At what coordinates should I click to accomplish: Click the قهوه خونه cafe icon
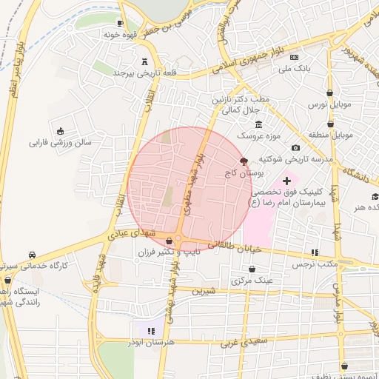(120, 23)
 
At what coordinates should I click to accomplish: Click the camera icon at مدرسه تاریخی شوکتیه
(296, 148)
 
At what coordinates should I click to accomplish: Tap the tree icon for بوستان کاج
(244, 161)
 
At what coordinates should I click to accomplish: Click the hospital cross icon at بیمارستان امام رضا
(287, 181)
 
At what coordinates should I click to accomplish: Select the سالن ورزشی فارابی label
(61, 141)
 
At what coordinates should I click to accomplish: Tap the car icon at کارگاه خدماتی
(31, 254)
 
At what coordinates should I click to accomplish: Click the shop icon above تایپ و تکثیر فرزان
(170, 241)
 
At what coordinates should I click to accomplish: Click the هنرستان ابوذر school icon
(151, 331)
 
